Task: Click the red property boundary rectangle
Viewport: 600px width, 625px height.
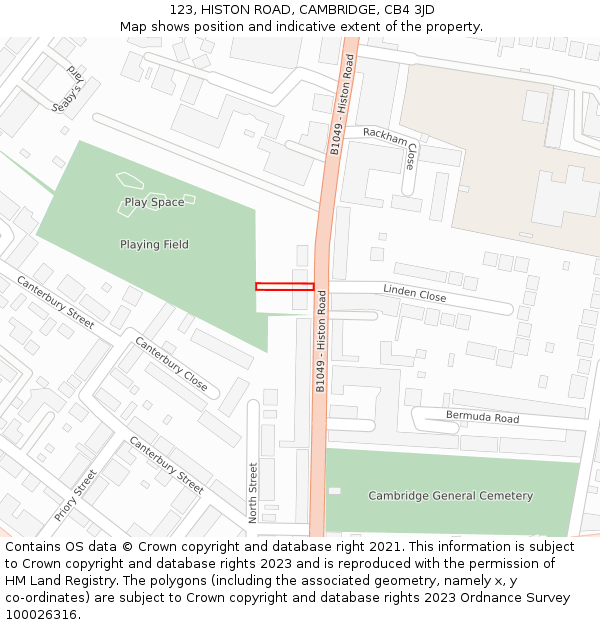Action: [284, 287]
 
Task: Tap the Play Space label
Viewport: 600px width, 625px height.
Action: [154, 202]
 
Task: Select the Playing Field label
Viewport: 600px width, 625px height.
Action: [154, 245]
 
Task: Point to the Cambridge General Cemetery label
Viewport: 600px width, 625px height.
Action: [450, 496]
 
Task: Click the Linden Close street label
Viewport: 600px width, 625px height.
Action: [414, 294]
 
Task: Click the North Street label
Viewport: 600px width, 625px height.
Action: [254, 492]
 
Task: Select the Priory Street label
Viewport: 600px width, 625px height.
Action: [76, 495]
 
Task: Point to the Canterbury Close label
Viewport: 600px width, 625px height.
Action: [171, 364]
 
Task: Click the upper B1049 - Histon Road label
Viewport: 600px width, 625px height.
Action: [342, 104]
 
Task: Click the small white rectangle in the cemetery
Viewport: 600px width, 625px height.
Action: [334, 491]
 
